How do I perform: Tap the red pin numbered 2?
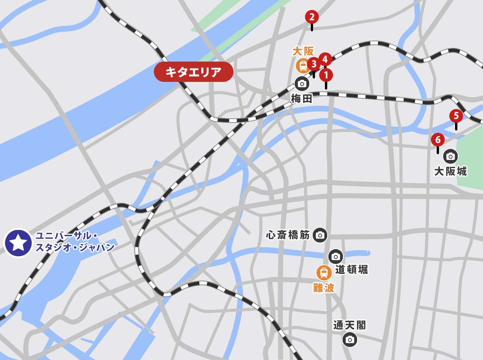point(312,17)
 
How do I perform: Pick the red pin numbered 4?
point(325,59)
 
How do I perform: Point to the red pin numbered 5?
point(456,116)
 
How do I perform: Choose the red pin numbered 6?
point(438,140)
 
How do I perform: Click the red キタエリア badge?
point(194,72)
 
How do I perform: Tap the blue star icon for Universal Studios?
point(18,243)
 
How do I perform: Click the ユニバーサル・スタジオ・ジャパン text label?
point(75,242)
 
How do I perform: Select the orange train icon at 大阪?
point(303,65)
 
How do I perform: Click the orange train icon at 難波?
point(324,273)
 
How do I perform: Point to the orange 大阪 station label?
point(303,51)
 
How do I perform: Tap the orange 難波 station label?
point(324,288)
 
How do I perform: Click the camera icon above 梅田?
point(302,84)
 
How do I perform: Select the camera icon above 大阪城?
point(450,156)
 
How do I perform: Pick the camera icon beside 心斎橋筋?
point(320,235)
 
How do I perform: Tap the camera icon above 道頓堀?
point(336,256)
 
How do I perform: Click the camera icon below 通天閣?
point(349,339)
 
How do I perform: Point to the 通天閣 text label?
point(349,325)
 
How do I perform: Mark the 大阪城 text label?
point(450,171)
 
